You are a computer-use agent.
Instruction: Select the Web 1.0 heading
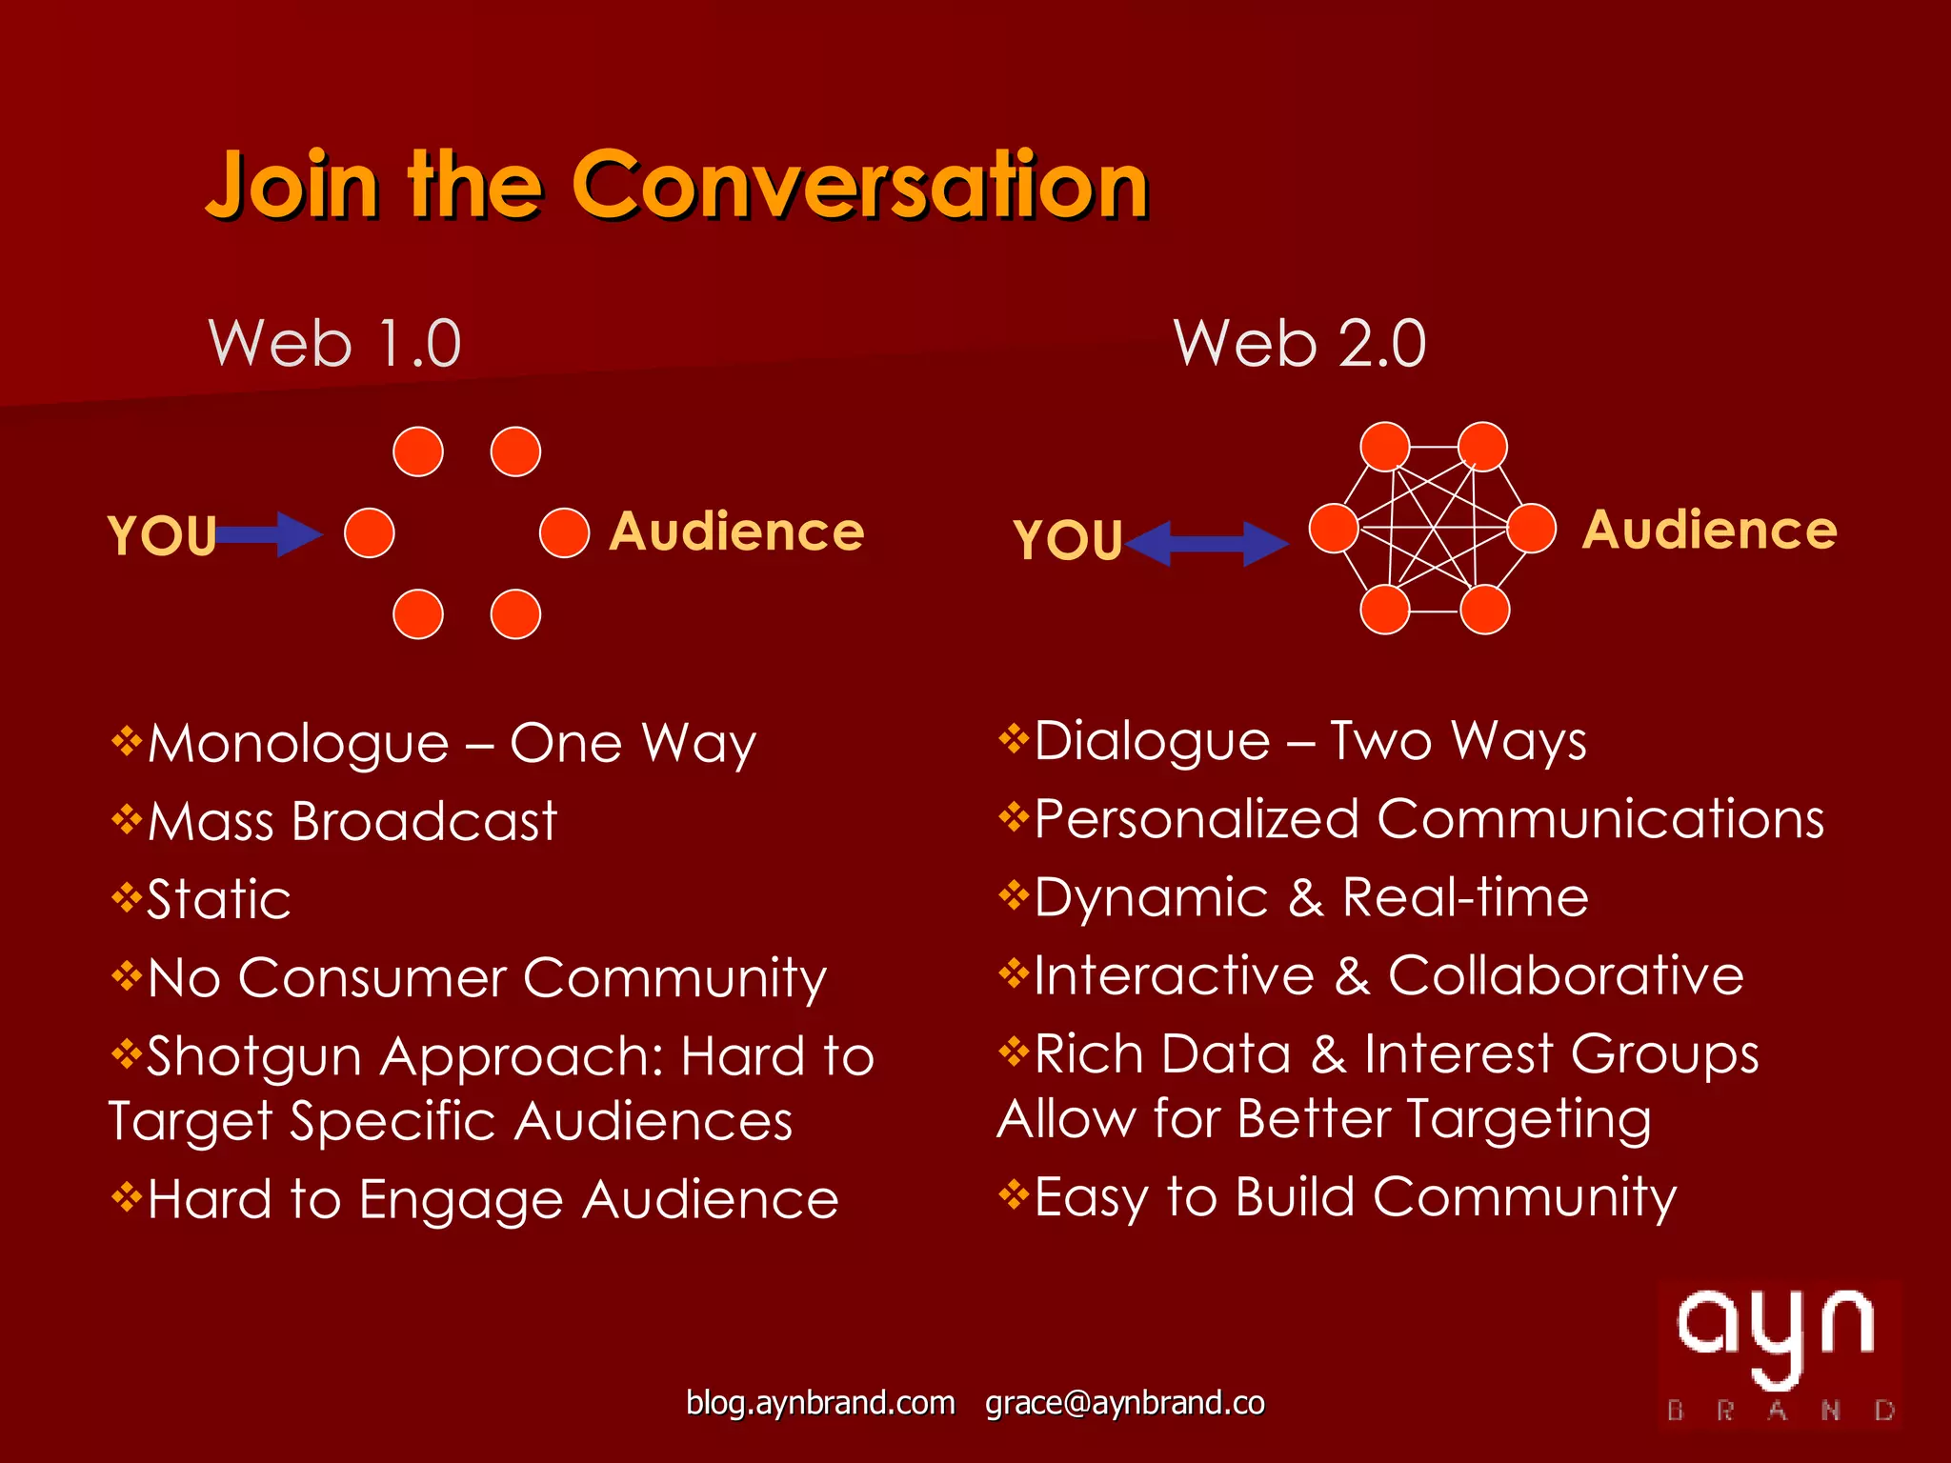click(335, 343)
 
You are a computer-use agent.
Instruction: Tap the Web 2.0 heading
click(1300, 343)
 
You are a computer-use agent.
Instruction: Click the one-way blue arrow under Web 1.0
click(270, 534)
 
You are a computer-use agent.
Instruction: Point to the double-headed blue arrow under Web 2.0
click(1207, 544)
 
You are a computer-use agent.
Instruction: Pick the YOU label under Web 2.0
click(1068, 540)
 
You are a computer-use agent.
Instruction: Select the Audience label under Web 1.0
click(736, 531)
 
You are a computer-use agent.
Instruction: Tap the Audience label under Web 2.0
click(1709, 530)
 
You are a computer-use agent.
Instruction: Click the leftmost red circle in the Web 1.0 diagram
click(370, 532)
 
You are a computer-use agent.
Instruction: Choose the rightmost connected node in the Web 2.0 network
click(1532, 528)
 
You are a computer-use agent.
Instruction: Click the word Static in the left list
click(219, 899)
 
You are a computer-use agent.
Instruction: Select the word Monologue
click(298, 744)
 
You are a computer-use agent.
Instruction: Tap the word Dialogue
click(1152, 742)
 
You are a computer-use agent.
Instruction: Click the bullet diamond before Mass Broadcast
click(126, 818)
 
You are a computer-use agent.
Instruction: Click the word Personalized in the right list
click(1197, 819)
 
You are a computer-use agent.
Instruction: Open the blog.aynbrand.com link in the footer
click(820, 1403)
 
